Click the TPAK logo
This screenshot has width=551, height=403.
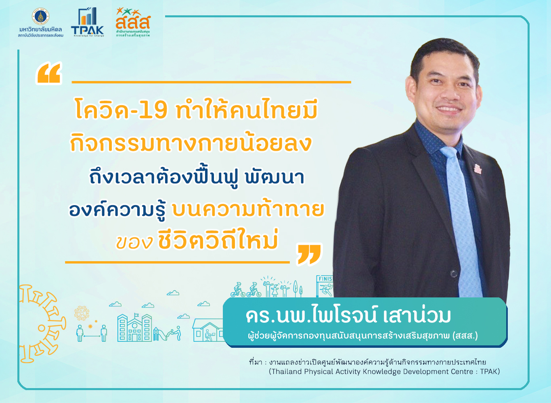point(87,22)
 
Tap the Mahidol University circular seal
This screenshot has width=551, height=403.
point(41,17)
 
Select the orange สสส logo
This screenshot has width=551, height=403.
point(133,22)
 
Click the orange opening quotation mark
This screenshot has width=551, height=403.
point(48,73)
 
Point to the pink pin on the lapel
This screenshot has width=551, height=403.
point(478,169)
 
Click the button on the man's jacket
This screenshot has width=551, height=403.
point(454,273)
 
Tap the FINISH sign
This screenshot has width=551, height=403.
point(325,279)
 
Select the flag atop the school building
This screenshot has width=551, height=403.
point(136,315)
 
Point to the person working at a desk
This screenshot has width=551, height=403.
point(209,335)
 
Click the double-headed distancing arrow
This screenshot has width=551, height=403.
point(92,336)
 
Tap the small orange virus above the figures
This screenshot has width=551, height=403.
point(90,326)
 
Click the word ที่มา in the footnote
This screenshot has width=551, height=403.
point(256,362)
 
